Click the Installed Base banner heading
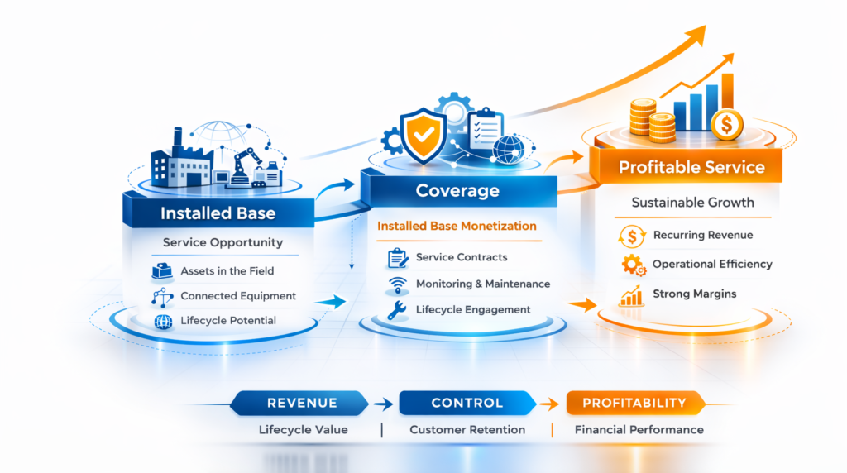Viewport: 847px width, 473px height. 218,213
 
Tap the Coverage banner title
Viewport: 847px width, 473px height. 457,191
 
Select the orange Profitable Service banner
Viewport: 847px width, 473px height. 691,167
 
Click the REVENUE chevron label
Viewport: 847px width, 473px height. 302,403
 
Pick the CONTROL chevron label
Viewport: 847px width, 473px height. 467,403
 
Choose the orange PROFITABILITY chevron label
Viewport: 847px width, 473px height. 634,403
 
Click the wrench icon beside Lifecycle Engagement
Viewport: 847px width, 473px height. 397,311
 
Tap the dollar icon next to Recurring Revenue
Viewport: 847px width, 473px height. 632,236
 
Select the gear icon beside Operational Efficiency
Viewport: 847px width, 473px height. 632,265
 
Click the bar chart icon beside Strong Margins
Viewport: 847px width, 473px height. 632,294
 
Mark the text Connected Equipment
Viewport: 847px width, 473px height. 238,296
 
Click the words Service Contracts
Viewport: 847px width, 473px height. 462,258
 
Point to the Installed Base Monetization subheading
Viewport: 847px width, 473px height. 457,226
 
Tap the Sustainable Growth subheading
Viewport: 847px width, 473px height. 691,203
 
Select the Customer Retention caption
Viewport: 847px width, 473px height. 467,430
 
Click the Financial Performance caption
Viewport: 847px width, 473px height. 639,430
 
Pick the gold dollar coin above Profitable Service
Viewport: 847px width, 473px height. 726,124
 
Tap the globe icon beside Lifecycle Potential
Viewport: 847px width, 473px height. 162,321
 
